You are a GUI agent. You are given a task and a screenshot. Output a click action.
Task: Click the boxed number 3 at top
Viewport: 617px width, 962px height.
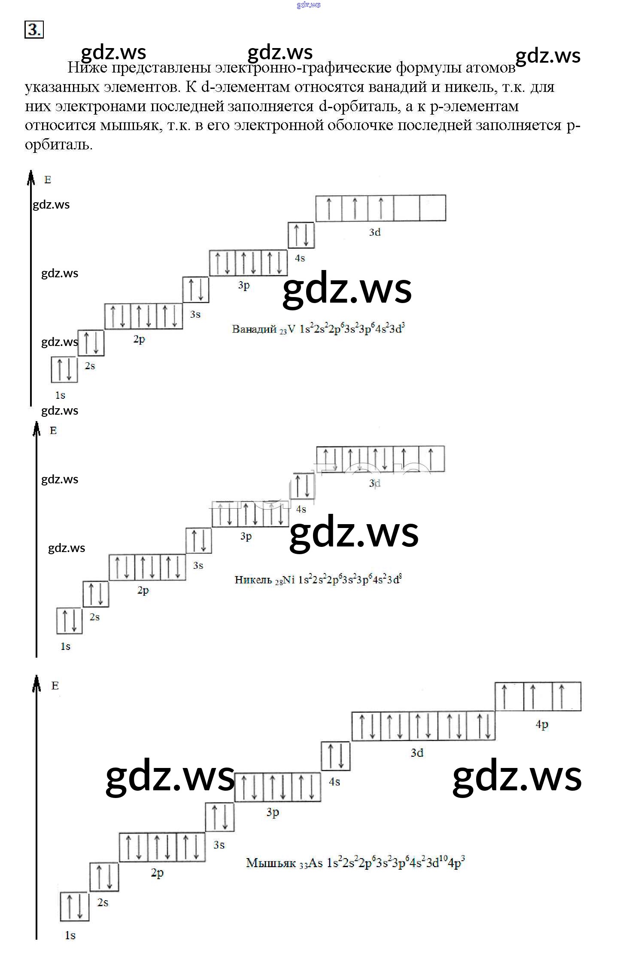(x=34, y=30)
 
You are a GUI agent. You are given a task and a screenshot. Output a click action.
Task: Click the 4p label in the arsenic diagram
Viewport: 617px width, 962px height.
(x=542, y=725)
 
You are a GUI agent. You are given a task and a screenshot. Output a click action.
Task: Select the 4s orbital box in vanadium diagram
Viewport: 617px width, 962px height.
(x=301, y=235)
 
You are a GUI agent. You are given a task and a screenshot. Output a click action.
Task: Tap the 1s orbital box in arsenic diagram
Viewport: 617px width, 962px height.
(x=75, y=906)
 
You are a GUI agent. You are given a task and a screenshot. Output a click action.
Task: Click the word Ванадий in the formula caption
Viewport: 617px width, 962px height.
(x=254, y=329)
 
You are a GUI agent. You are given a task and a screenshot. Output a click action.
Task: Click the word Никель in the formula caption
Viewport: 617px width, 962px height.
(x=253, y=580)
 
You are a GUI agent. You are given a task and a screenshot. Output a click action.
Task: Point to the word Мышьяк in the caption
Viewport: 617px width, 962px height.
(x=271, y=863)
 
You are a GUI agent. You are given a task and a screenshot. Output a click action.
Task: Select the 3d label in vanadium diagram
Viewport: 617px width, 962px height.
(x=375, y=232)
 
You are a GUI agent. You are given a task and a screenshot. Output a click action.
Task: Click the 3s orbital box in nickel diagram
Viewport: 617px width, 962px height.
(x=199, y=540)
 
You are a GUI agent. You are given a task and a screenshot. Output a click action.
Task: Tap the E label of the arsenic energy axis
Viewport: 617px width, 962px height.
(x=55, y=686)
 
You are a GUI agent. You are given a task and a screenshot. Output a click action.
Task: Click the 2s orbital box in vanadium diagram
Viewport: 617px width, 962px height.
(x=91, y=343)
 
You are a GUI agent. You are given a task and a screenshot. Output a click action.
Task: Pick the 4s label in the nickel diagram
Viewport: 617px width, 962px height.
(x=301, y=509)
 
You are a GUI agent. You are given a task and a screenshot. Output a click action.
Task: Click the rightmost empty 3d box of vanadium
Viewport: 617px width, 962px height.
(x=432, y=208)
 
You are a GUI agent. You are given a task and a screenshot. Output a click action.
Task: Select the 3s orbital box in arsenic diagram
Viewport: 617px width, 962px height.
(x=220, y=816)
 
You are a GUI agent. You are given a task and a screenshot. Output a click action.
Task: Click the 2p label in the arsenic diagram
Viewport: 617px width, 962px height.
(x=157, y=873)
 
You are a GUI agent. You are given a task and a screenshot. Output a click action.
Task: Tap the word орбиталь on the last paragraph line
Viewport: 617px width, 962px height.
(x=58, y=145)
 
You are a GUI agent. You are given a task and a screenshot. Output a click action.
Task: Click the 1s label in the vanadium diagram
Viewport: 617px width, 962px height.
(x=60, y=395)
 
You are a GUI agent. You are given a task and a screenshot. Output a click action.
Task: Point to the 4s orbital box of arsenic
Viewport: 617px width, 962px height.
(x=336, y=756)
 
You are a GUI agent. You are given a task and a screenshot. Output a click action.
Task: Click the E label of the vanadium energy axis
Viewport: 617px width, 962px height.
(x=48, y=180)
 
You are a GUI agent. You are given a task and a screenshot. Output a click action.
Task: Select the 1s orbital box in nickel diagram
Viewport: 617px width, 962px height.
(x=70, y=620)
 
